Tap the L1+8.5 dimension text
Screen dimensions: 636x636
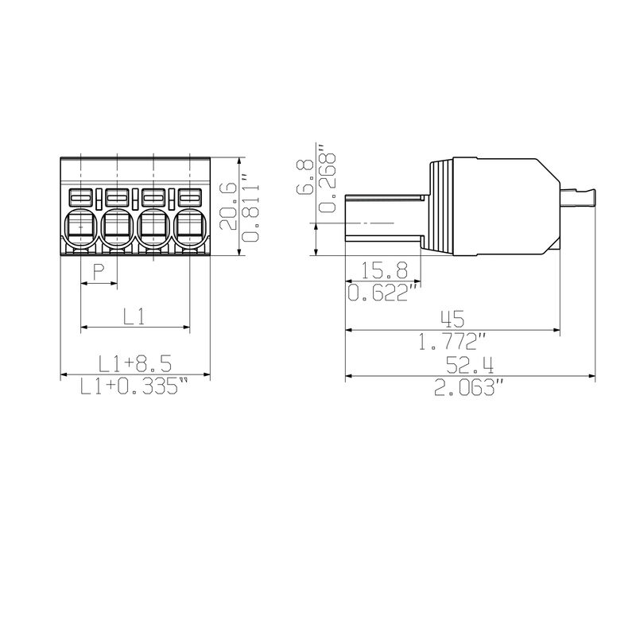pyautogui.click(x=135, y=364)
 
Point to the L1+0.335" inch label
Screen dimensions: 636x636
pyautogui.click(x=135, y=387)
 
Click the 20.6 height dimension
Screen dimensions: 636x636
pyautogui.click(x=227, y=206)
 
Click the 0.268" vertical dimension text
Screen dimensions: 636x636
pyautogui.click(x=325, y=180)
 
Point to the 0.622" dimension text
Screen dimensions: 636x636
pyautogui.click(x=385, y=294)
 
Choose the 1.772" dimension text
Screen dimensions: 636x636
pyautogui.click(x=452, y=342)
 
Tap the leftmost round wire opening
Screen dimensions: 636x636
pyautogui.click(x=79, y=227)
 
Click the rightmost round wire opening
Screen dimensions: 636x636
pyautogui.click(x=189, y=227)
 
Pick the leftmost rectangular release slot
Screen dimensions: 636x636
pyautogui.click(x=79, y=196)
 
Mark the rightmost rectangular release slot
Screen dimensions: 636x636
pyautogui.click(x=189, y=196)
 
